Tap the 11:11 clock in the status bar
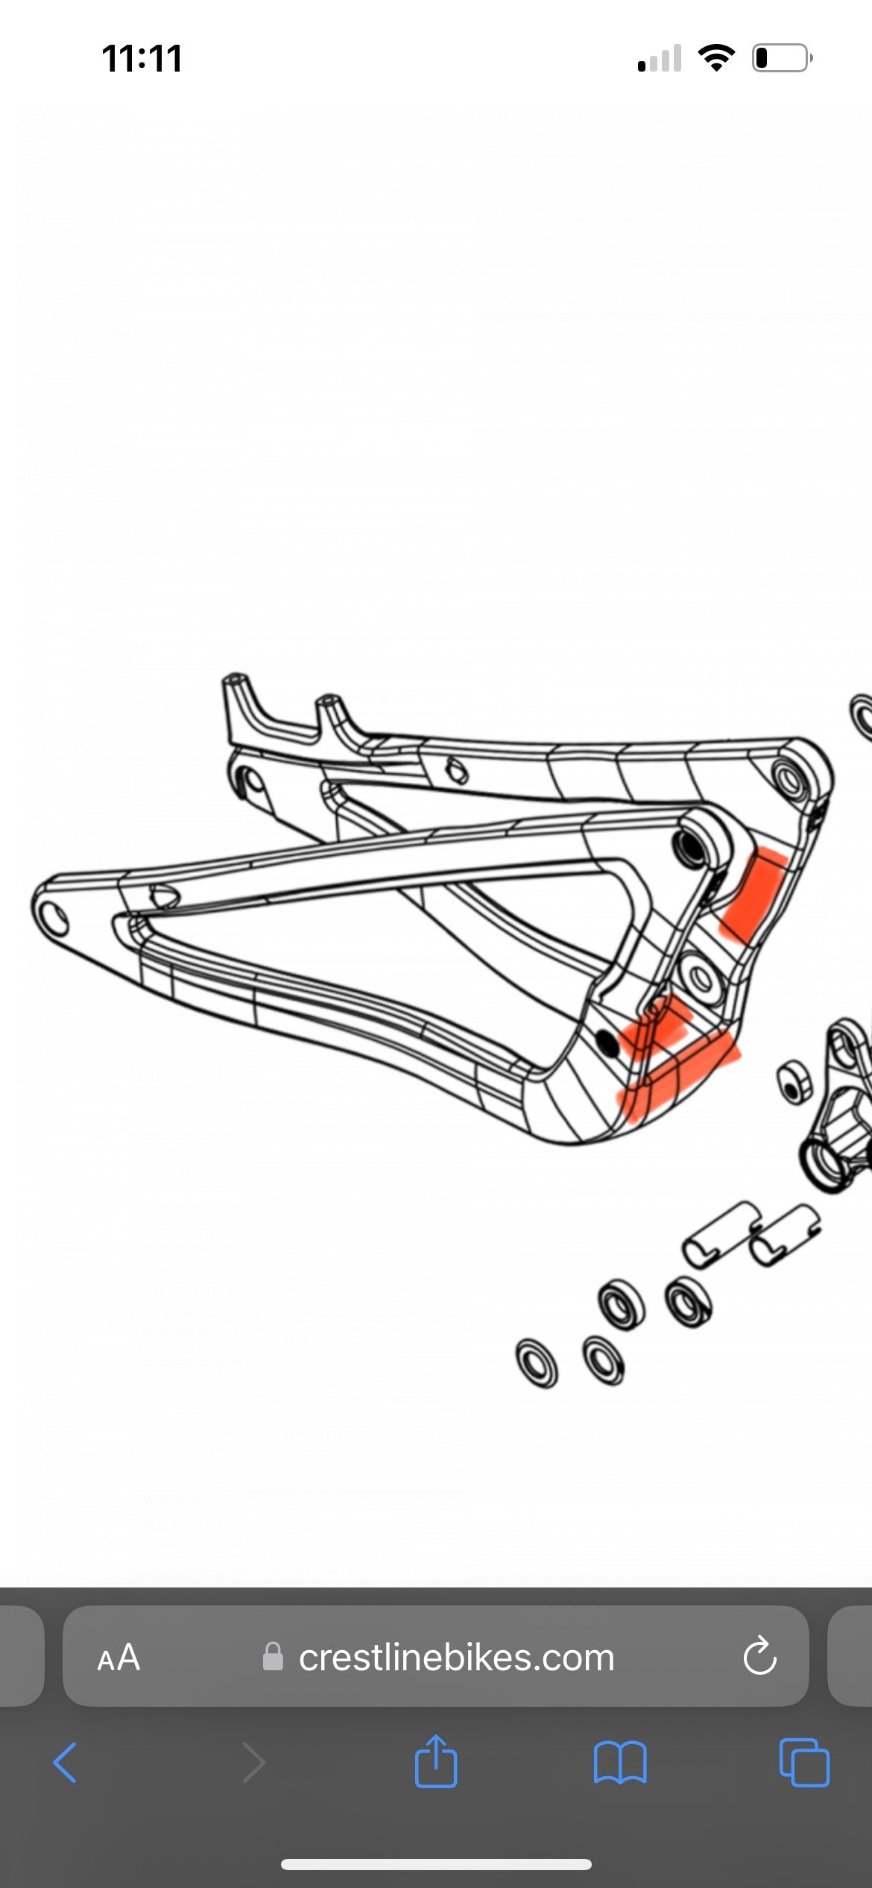(142, 58)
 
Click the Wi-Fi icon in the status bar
(716, 57)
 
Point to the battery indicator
(782, 57)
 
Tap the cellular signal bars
(660, 58)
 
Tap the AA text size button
(119, 1657)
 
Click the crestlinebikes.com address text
(456, 1657)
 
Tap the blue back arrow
(65, 1762)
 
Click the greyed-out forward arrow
(254, 1762)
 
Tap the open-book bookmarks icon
(620, 1762)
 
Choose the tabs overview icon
(804, 1762)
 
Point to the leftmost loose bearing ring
(537, 1362)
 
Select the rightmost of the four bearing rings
(689, 1302)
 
